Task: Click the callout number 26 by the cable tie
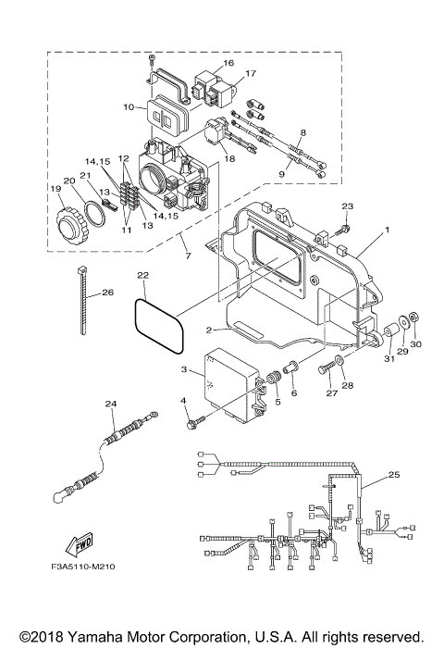[107, 293]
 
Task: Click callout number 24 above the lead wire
[112, 403]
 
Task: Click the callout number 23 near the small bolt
[347, 206]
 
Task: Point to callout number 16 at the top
[228, 63]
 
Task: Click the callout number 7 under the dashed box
[189, 255]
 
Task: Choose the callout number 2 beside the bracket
[212, 330]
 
